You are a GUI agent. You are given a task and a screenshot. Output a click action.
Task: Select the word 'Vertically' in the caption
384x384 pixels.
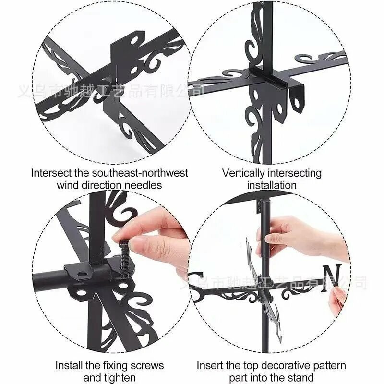point(244,173)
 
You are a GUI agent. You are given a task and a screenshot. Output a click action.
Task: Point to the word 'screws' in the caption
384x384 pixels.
point(147,366)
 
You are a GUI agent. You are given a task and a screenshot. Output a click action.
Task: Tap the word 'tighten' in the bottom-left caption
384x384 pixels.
point(120,378)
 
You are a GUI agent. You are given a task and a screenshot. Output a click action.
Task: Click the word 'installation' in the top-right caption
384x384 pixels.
point(272,185)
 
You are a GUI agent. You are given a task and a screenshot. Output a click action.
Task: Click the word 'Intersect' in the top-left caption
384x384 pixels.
point(51,173)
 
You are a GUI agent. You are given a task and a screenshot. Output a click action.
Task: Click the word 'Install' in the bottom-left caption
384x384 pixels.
point(69,366)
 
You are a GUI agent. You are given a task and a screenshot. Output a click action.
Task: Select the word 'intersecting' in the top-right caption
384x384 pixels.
point(295,173)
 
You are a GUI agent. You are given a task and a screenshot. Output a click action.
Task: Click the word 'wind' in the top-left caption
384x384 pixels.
point(68,185)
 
